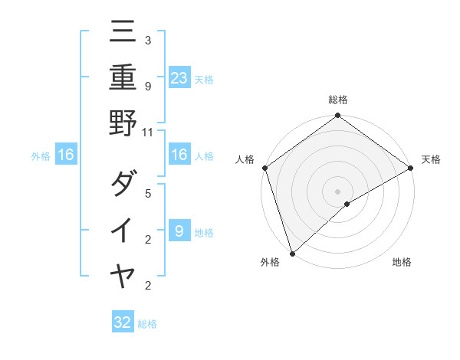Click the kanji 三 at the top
click(x=123, y=32)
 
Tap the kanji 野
click(x=123, y=122)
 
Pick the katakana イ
click(x=123, y=230)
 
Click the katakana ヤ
click(x=123, y=275)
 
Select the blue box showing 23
click(x=179, y=77)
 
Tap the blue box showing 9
click(x=179, y=231)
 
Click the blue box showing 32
click(x=123, y=322)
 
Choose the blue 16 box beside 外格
click(x=66, y=155)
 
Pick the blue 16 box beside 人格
click(x=179, y=155)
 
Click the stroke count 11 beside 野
click(x=148, y=131)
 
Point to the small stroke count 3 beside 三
click(x=147, y=39)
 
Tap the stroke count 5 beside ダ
click(x=147, y=193)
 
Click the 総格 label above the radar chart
click(x=338, y=100)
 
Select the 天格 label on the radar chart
click(x=431, y=159)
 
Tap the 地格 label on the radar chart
click(x=402, y=262)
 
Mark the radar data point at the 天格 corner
click(x=411, y=168)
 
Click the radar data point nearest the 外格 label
click(x=292, y=253)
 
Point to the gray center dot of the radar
click(x=338, y=191)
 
